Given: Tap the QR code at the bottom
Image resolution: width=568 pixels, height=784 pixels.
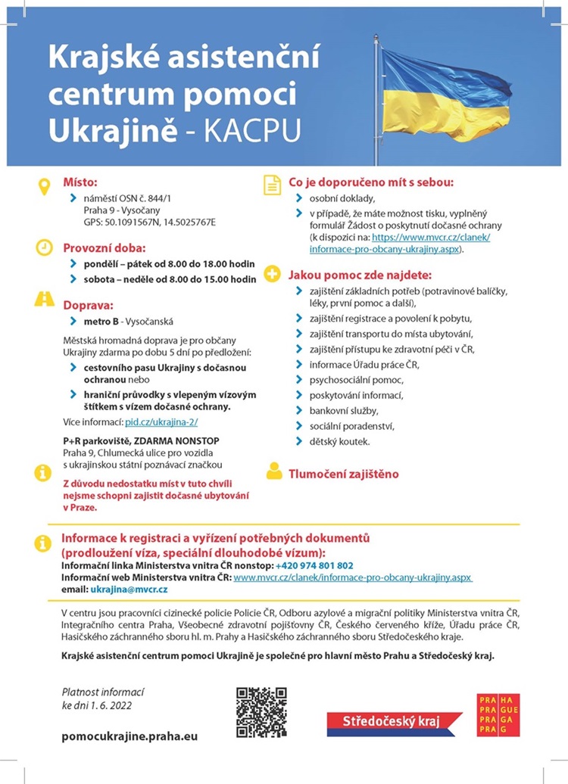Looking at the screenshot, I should [x=261, y=712].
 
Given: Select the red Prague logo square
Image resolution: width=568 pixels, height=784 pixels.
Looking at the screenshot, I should [x=498, y=714].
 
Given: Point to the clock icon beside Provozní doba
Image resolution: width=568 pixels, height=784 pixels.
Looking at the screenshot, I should [x=44, y=247].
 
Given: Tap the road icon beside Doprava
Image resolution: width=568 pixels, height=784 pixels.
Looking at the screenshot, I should [x=44, y=300].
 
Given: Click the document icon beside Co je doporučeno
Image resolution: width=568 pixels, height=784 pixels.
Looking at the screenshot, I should [x=272, y=185].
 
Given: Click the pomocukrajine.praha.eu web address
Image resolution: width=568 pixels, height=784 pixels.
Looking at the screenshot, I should [x=129, y=736].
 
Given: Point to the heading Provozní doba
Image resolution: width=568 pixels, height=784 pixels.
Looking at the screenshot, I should [x=104, y=247].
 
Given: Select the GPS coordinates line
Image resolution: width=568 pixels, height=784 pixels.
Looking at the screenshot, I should [x=150, y=222].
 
